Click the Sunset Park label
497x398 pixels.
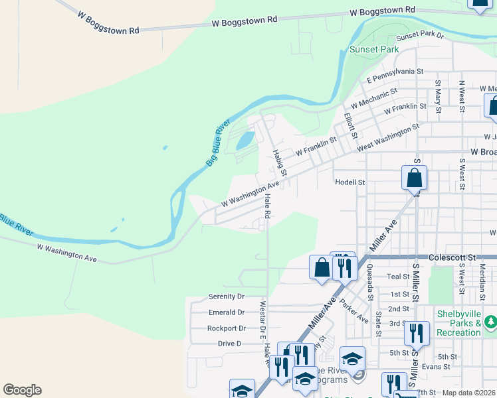[x=374, y=49]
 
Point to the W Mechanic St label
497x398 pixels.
[x=374, y=98]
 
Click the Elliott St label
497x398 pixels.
[x=349, y=125]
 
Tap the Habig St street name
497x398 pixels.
[x=279, y=163]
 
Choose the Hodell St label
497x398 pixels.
[x=350, y=182]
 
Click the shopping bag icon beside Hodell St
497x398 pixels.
[x=414, y=178]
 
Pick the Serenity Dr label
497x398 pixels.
[x=227, y=297]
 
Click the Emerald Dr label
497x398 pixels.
[x=227, y=312]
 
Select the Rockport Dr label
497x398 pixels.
[x=227, y=328]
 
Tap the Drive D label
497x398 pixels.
[x=229, y=344]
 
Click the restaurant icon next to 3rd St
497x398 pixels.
[x=417, y=333]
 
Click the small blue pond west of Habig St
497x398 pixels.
[x=245, y=140]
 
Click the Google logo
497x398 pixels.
[x=22, y=390]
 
